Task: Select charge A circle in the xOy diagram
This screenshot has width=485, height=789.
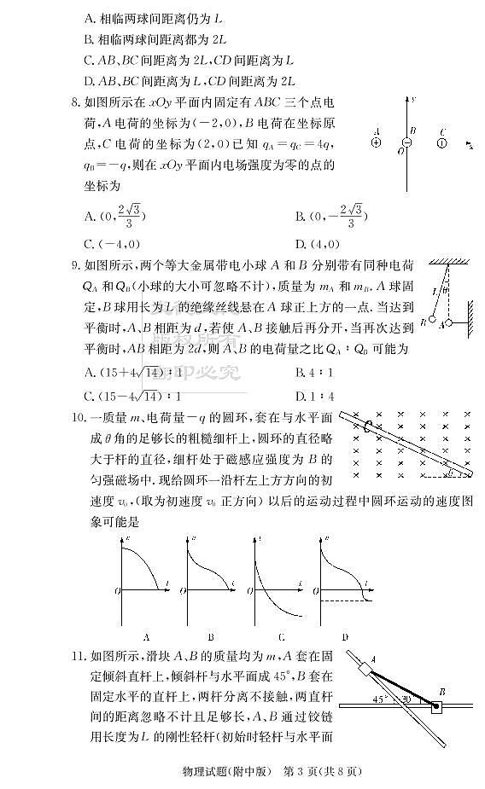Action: [376, 143]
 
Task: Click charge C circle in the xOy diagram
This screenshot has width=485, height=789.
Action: [441, 143]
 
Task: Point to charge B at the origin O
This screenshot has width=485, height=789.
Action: [407, 143]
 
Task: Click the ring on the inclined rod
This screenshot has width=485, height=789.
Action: [367, 425]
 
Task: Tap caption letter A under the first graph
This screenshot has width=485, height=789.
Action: [147, 635]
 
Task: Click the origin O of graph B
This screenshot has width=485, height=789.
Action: [184, 589]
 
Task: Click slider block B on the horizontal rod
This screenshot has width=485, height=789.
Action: [437, 707]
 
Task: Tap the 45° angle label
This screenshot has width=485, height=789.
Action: [379, 699]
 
